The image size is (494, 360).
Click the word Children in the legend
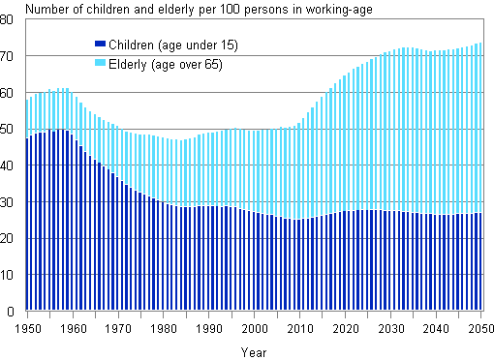coord(130,45)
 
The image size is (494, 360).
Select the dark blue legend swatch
coord(100,45)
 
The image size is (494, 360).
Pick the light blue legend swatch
coord(100,64)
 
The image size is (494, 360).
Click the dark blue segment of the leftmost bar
coord(27,223)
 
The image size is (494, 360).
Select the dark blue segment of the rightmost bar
coord(480,261)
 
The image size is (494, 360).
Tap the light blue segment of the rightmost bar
coord(480,126)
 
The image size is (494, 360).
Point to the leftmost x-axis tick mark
coord(27,314)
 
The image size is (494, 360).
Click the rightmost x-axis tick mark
coord(482,314)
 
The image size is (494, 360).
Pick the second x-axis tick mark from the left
coord(49,314)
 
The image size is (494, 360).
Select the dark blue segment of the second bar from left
coord(32,223)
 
